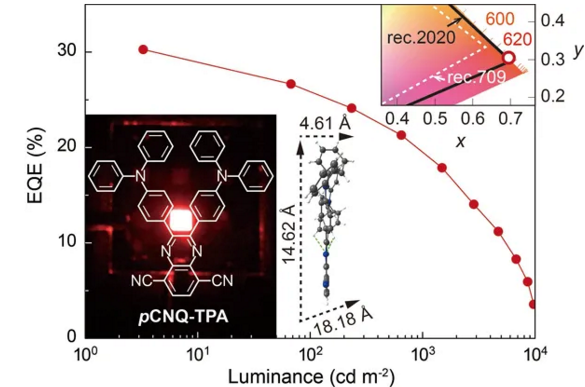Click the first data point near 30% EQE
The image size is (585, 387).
point(143,49)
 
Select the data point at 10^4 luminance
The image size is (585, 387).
point(532,304)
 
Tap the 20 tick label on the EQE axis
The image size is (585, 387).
point(68,147)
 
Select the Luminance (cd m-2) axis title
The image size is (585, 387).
point(312,376)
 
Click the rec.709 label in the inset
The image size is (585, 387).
point(476,78)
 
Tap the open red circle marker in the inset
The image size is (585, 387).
point(509,57)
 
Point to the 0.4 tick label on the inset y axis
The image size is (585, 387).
point(552,21)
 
